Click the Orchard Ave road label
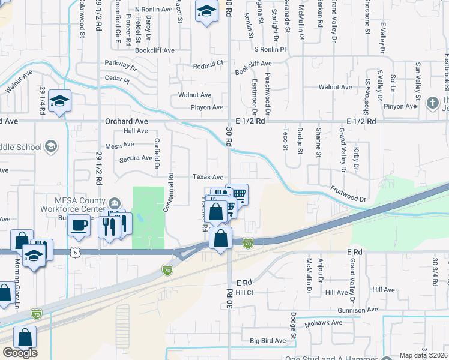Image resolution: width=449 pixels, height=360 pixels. tap(126, 121)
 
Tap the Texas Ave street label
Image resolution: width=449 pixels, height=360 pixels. tap(208, 177)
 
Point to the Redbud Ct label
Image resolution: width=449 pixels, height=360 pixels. tap(208, 62)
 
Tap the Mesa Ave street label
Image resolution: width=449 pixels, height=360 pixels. tap(119, 145)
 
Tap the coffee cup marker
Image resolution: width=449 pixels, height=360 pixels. tap(79, 226)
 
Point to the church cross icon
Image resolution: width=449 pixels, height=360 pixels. tap(433, 103)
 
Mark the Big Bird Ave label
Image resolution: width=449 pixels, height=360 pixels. tap(268, 341)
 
